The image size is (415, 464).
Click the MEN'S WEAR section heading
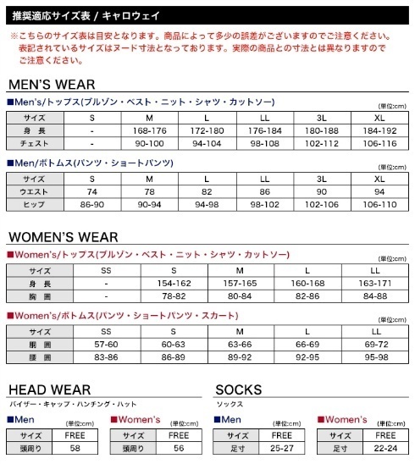click(52, 85)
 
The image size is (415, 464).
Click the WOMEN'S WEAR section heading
click(64, 237)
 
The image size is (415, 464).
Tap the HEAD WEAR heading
click(50, 389)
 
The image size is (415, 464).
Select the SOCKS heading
click(239, 389)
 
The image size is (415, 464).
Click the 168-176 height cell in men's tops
click(149, 131)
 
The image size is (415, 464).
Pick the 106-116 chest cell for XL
click(379, 144)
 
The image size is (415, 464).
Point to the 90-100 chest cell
click(149, 144)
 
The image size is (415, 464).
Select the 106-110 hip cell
click(379, 206)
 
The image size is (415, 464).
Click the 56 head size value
click(178, 448)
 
